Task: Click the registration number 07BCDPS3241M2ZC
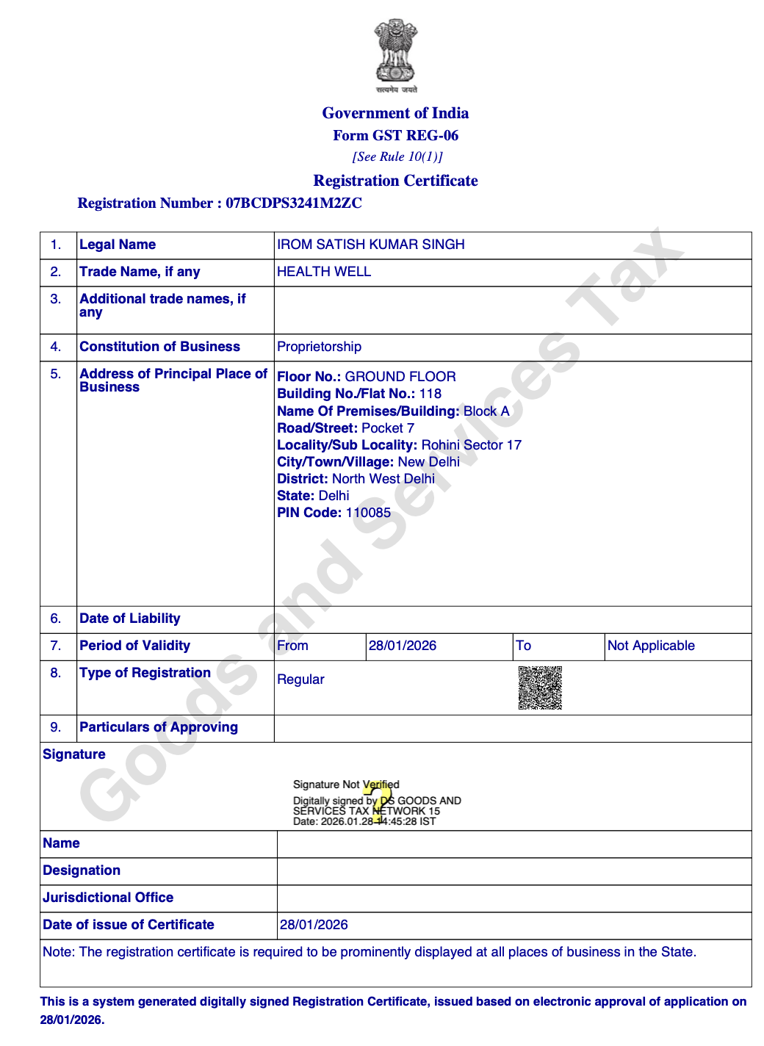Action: (x=293, y=203)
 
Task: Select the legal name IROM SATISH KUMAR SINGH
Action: (x=370, y=245)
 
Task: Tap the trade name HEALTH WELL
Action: (x=324, y=272)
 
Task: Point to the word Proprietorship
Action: (x=319, y=347)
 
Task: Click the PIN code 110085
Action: (x=368, y=513)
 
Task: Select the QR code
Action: (x=540, y=688)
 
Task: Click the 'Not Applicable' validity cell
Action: (x=651, y=646)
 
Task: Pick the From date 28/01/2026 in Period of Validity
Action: (x=403, y=646)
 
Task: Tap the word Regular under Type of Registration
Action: (x=300, y=679)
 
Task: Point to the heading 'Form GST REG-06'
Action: (x=395, y=135)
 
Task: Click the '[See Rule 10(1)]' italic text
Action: (x=397, y=156)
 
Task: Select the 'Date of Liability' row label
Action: (x=130, y=618)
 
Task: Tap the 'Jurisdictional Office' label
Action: (x=108, y=898)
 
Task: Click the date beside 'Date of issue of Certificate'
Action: (x=314, y=925)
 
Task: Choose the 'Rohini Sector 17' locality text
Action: (x=471, y=445)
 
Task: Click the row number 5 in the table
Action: (x=56, y=374)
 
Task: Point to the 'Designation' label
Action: (x=82, y=870)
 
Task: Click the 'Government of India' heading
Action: (x=395, y=113)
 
